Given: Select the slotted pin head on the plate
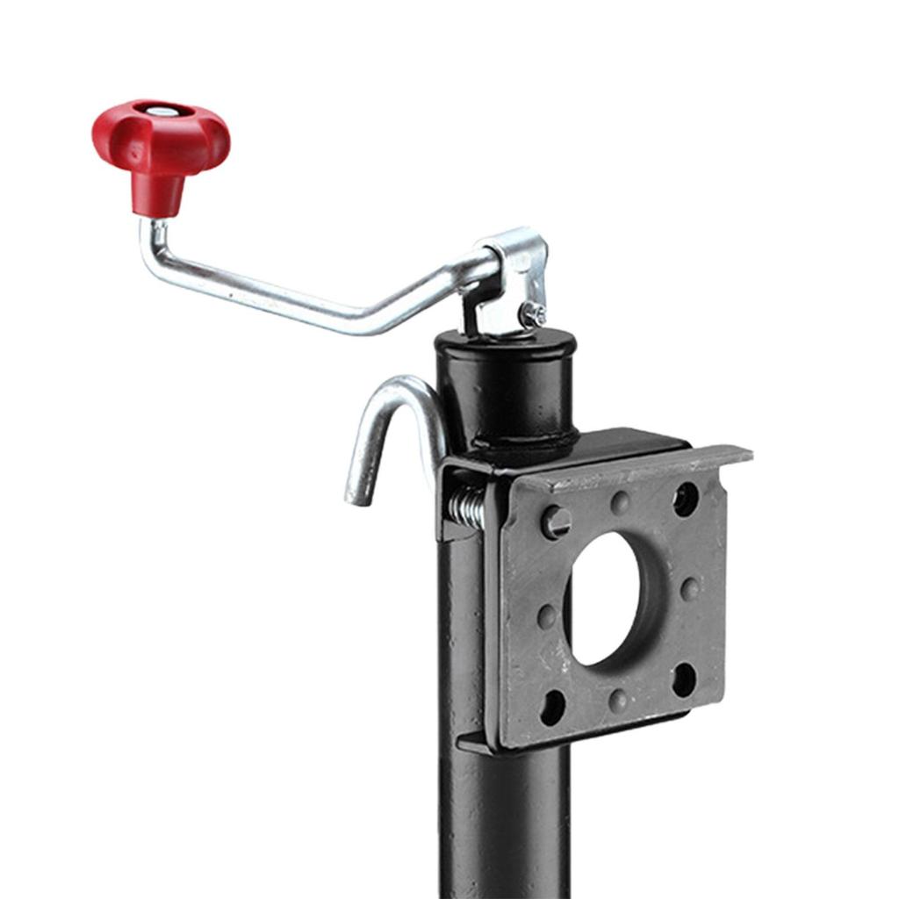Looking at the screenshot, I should coord(556,522).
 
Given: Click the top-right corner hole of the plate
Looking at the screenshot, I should coord(686,499).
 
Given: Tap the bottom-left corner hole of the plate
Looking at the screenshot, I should coord(553,707).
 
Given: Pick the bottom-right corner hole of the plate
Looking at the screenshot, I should coord(685,679).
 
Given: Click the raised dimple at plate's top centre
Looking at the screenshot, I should coord(621,502).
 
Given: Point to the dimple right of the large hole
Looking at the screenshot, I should coord(691,588).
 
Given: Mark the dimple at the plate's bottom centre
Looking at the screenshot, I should coord(619,700).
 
